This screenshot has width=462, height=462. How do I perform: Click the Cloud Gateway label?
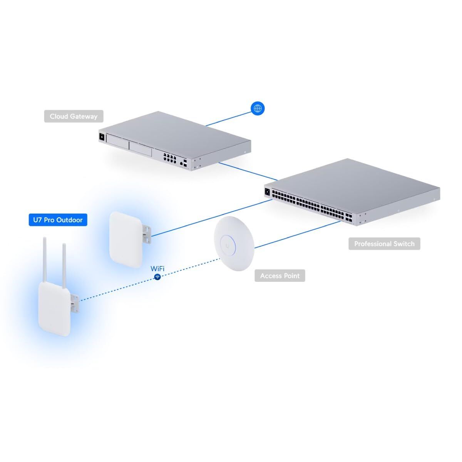(74, 116)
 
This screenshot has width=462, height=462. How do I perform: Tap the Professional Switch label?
(384, 244)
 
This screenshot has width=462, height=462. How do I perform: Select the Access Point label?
(280, 276)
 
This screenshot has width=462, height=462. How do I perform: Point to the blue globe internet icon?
(258, 109)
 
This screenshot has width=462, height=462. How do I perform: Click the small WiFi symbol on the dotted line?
(157, 277)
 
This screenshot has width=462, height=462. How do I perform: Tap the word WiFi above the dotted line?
(157, 268)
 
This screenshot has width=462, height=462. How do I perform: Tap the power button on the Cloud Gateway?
(102, 136)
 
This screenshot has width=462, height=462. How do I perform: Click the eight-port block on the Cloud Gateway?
(169, 158)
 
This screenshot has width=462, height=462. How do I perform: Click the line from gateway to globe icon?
(227, 119)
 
